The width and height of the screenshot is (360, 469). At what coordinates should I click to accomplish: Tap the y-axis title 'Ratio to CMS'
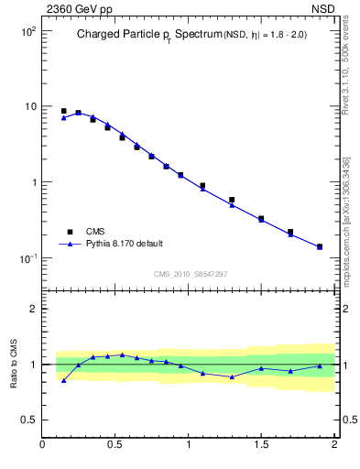(x=14, y=364)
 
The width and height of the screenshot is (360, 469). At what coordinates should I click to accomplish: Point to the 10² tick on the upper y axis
(x=27, y=31)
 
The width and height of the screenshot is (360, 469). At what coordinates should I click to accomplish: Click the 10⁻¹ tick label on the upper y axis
(x=27, y=258)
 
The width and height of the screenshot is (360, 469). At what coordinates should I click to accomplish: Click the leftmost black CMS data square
(x=63, y=111)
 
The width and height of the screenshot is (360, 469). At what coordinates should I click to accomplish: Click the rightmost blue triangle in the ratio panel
(x=320, y=366)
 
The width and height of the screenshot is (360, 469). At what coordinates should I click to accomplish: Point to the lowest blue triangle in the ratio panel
(x=63, y=380)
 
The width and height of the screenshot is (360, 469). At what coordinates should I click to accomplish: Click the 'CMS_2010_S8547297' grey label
(x=190, y=274)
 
